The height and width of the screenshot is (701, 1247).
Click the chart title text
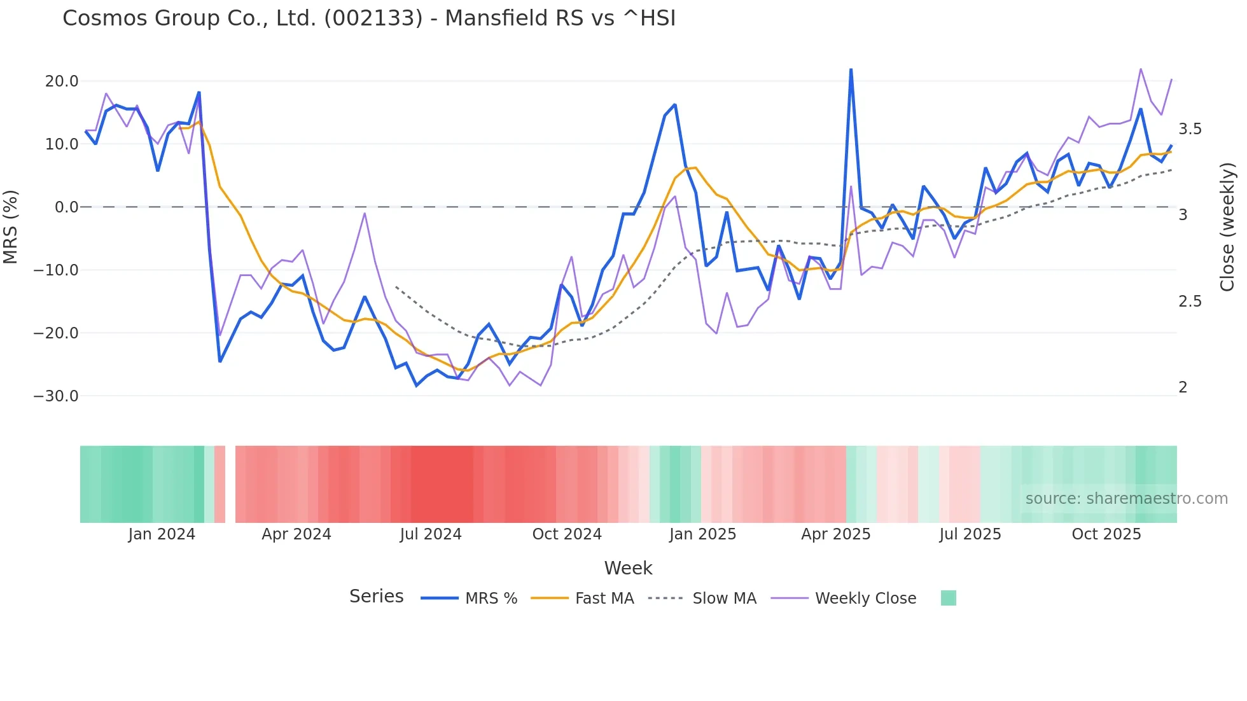[369, 18]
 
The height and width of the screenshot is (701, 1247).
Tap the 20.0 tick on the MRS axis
[62, 81]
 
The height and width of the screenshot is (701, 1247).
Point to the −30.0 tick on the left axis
[56, 396]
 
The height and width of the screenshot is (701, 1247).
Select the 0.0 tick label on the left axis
[66, 207]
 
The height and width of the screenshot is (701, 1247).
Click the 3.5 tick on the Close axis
[1190, 129]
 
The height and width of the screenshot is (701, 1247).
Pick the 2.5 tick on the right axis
[1190, 302]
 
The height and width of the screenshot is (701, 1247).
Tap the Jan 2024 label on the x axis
[162, 534]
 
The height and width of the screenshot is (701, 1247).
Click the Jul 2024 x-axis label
[431, 534]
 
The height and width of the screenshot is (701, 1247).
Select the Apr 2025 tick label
[835, 534]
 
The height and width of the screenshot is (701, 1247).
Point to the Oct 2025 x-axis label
[1106, 534]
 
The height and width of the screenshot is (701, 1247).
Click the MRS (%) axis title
[10, 226]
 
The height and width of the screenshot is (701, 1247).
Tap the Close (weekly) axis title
[1227, 227]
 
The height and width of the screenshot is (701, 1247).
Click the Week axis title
[628, 568]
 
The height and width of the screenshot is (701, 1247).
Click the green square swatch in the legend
[948, 598]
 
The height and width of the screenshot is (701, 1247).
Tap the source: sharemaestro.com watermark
[1126, 499]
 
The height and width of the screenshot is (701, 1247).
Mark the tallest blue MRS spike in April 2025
[851, 69]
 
